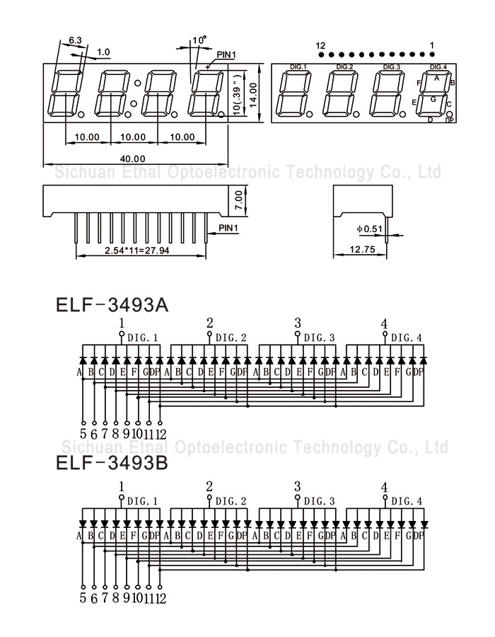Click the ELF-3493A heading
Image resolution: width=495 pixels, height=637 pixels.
112,306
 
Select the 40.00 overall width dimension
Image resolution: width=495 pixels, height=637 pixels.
133,159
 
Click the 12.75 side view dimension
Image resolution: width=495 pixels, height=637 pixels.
361,250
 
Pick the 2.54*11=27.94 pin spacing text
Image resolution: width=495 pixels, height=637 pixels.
137,251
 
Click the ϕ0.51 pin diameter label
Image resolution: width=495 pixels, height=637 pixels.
369,229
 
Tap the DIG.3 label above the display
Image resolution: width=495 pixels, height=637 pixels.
392,67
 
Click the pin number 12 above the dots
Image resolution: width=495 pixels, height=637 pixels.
320,45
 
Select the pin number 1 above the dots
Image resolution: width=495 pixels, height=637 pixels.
432,45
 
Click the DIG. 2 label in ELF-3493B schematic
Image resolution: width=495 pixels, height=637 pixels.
231,501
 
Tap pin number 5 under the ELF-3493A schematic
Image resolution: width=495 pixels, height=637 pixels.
83,434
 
